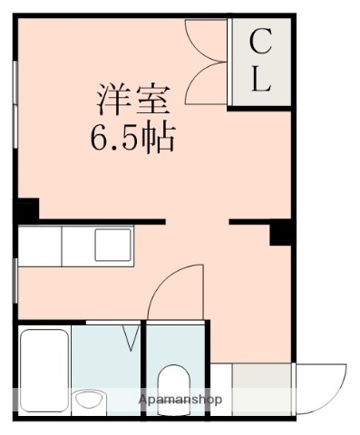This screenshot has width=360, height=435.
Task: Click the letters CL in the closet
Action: click(260, 61)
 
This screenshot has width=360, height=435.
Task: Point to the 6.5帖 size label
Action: click(131, 140)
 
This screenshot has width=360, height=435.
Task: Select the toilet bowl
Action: click(172, 382)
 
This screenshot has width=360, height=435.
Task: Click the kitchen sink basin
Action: click(113, 244)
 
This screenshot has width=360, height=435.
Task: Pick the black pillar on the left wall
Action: click(26, 209)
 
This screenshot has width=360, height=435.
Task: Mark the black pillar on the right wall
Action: click(281, 234)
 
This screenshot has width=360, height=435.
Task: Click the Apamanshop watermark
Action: click(180, 400)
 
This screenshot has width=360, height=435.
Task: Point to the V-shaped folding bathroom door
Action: click(132, 337)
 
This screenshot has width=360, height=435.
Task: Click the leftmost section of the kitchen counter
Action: click(39, 245)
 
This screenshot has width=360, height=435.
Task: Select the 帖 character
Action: click(158, 140)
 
